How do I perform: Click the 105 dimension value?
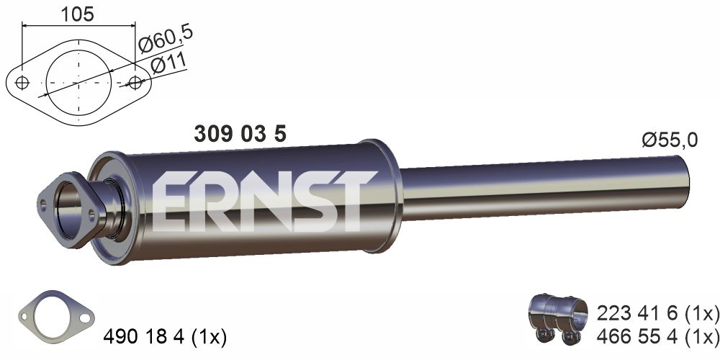click(x=77, y=14)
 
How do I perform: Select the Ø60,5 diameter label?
click(x=166, y=39)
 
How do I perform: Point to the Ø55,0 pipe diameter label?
click(x=670, y=140)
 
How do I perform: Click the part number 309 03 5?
click(x=240, y=134)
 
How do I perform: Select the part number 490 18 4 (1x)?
click(x=165, y=338)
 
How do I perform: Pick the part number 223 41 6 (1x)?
click(x=657, y=314)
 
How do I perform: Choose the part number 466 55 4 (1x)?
click(x=657, y=336)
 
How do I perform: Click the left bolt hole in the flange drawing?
click(x=22, y=83)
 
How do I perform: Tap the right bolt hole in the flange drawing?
click(x=135, y=83)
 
